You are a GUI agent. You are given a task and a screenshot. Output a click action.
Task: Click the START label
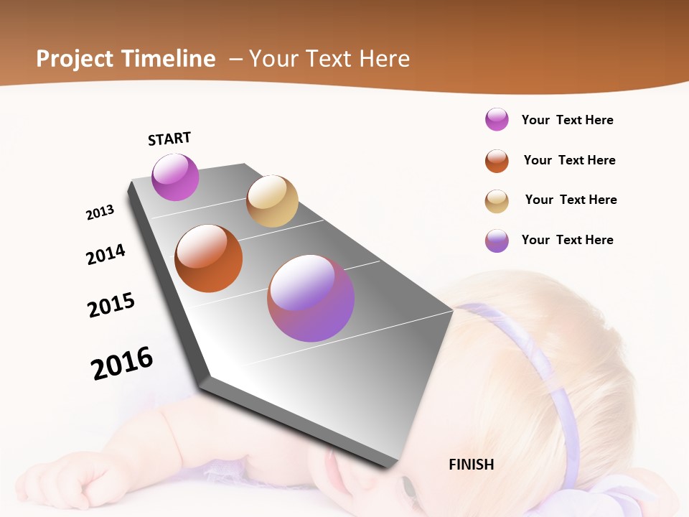point(169,139)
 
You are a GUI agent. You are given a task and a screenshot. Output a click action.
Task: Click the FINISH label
point(471,465)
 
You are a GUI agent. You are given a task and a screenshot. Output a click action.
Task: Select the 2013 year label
point(100,212)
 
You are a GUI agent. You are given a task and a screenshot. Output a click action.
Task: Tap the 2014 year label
point(106,254)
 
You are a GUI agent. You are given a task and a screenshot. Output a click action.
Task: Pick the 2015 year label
point(111,304)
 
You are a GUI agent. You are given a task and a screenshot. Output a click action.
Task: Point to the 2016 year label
point(122,363)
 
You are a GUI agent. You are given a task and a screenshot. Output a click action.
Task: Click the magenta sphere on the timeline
point(175,177)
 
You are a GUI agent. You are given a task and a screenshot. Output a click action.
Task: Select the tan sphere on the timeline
point(272,201)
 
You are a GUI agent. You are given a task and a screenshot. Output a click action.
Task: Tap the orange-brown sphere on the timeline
point(208,258)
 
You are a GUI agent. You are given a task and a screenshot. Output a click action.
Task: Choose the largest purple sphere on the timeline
point(311,298)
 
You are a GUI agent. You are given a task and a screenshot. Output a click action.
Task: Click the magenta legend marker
point(497,119)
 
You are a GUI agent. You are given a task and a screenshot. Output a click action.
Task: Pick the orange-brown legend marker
point(497,161)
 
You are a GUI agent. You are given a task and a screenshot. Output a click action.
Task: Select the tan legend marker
point(497,201)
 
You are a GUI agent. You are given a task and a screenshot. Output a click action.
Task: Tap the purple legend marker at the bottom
point(497,241)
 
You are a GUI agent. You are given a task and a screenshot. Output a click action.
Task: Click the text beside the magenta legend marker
point(567,120)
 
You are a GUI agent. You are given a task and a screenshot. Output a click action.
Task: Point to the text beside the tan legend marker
point(571,200)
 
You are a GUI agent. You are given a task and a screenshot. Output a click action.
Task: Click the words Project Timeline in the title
point(126,59)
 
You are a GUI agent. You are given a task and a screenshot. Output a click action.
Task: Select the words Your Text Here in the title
point(329,59)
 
